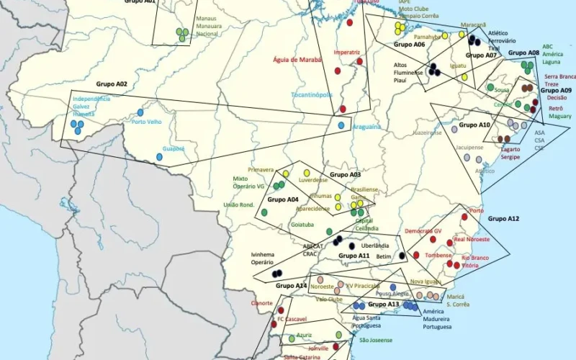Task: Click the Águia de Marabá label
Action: point(297,60)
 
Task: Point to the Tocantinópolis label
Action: point(311,94)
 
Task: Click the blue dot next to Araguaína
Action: point(341,125)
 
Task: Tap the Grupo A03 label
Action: point(345,175)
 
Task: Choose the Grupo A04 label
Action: point(282,199)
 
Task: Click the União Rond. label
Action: point(239,204)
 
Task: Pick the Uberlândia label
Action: point(375,246)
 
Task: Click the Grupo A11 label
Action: point(354,256)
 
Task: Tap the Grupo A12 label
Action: point(503,218)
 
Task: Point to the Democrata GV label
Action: point(423,231)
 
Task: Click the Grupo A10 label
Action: point(474,125)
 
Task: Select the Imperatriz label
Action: point(346,53)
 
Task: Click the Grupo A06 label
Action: point(409,45)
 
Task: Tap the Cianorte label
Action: point(261,303)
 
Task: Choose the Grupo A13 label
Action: point(383,305)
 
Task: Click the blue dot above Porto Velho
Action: point(140,112)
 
